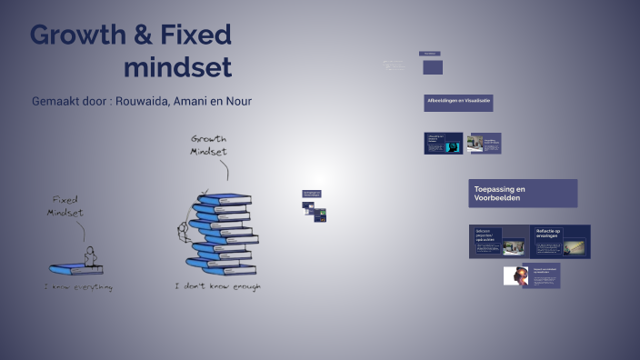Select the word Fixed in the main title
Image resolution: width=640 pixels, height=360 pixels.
[197, 36]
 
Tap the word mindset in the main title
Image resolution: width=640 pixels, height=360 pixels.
[177, 67]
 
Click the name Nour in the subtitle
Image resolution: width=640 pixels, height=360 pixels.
[237, 101]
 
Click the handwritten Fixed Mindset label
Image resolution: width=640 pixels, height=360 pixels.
[66, 205]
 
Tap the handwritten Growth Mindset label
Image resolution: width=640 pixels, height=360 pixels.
[208, 145]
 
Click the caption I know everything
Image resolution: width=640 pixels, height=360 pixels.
[79, 287]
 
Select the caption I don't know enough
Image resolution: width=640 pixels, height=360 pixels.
[217, 287]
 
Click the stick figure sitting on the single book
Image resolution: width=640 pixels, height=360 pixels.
[89, 255]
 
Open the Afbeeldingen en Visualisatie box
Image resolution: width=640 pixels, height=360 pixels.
[458, 102]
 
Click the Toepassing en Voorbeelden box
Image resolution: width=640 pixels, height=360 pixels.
[523, 193]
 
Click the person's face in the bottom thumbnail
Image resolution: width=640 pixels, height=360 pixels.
[519, 276]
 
